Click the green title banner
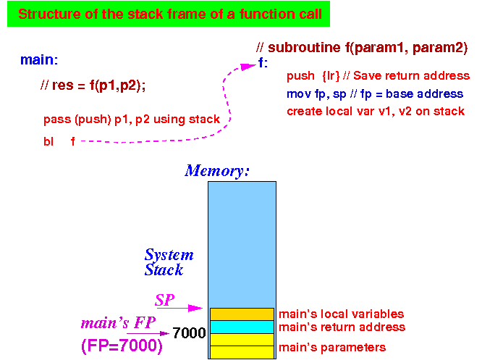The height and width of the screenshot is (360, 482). pyautogui.click(x=169, y=14)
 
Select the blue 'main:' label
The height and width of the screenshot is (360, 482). pyautogui.click(x=39, y=59)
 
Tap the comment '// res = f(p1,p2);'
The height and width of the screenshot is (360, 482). pyautogui.click(x=93, y=85)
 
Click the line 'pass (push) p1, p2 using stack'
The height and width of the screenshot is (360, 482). pyautogui.click(x=132, y=119)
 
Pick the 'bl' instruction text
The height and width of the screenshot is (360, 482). pyautogui.click(x=48, y=141)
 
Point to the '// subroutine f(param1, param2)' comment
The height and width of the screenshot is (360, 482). pyautogui.click(x=362, y=48)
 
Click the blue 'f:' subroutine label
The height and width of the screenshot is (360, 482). pyautogui.click(x=263, y=63)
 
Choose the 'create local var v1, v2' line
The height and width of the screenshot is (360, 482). pyautogui.click(x=376, y=111)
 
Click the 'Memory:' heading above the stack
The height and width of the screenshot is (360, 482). pyautogui.click(x=216, y=171)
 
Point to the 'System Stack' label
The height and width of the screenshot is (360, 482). pyautogui.click(x=169, y=262)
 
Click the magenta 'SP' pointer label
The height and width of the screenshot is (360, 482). pyautogui.click(x=165, y=300)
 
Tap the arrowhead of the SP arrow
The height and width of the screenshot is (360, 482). pyautogui.click(x=195, y=308)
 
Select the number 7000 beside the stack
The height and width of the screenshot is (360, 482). pyautogui.click(x=189, y=333)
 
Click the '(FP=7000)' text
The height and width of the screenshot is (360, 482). pyautogui.click(x=122, y=346)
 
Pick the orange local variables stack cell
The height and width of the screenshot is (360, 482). pyautogui.click(x=242, y=314)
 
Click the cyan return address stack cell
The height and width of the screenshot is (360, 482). pyautogui.click(x=242, y=327)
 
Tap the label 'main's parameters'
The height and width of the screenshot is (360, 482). pyautogui.click(x=332, y=348)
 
